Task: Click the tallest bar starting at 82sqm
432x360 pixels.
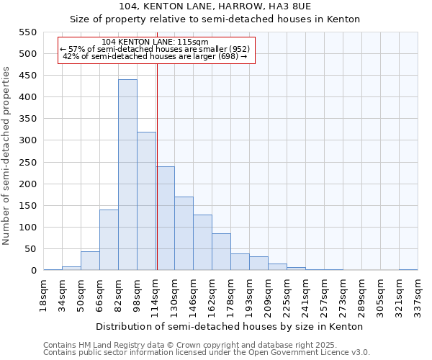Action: tap(127, 175)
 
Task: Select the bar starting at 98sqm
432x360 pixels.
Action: tap(146, 201)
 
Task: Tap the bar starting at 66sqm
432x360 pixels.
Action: tap(109, 240)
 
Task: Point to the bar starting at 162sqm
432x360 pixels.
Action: tap(221, 251)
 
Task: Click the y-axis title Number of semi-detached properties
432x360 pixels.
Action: tap(7, 156)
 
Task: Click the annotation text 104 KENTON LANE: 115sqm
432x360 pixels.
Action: tap(156, 42)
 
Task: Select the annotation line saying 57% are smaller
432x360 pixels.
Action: tap(156, 49)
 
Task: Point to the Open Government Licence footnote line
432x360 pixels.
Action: tap(207, 353)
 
